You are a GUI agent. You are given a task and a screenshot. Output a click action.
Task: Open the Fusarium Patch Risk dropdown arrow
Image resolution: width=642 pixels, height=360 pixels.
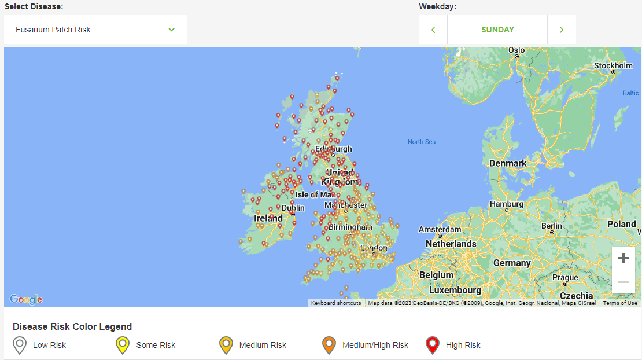171,30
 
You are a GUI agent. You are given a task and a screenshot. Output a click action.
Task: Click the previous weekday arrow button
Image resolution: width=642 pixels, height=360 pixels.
433,30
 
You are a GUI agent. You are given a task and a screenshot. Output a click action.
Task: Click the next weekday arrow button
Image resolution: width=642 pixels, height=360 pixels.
561,30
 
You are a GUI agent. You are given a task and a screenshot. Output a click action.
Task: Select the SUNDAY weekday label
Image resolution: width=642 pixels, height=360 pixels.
497,30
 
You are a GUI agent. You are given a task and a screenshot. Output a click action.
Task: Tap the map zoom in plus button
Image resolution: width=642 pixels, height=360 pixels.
623,258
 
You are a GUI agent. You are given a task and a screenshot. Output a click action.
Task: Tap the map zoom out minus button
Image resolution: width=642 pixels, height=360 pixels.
623,281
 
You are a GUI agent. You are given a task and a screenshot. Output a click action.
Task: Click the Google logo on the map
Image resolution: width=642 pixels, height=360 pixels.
26,299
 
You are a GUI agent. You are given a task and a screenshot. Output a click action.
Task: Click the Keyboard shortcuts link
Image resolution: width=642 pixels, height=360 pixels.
335,303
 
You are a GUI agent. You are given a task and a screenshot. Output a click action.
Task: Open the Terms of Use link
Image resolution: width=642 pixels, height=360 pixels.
620,303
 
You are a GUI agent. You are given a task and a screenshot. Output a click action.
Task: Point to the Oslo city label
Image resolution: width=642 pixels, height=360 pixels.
516,50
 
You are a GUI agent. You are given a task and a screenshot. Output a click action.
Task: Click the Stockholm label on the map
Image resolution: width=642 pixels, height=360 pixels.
613,66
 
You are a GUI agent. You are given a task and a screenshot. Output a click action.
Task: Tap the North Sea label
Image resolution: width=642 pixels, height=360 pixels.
422,142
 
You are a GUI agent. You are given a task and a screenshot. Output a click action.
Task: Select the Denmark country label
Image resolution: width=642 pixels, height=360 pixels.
508,163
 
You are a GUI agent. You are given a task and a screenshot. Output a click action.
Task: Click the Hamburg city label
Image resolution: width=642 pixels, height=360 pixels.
506,204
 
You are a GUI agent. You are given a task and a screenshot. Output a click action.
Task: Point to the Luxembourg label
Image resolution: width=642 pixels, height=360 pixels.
456,289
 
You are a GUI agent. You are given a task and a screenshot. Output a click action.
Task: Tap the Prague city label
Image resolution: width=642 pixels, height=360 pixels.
565,277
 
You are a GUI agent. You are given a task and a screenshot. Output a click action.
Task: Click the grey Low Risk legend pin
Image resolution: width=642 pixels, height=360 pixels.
20,346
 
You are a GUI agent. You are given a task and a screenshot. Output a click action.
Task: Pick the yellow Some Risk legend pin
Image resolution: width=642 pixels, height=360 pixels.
123,346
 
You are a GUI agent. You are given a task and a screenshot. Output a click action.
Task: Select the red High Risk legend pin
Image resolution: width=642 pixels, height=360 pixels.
432,346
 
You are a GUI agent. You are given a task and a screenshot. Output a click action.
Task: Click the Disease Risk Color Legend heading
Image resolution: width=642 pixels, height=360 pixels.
72,326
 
